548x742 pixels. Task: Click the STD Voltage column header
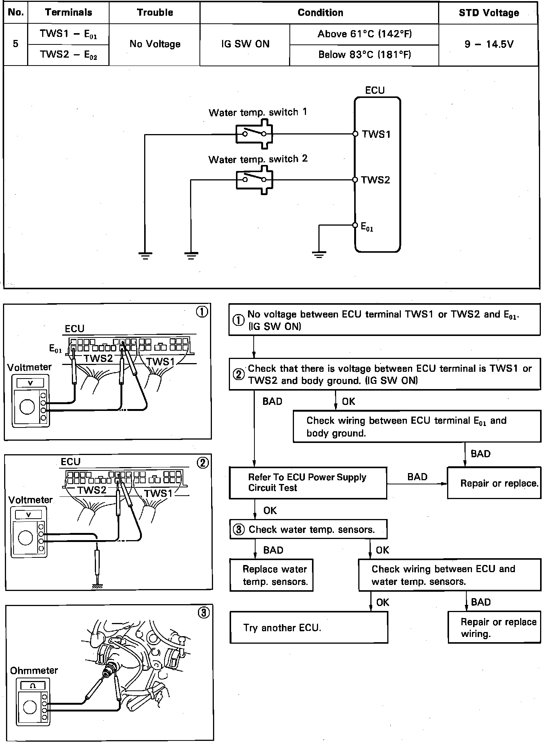click(489, 13)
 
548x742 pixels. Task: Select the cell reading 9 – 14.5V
click(489, 44)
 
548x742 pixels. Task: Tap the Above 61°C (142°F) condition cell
click(364, 34)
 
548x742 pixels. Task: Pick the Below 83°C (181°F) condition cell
click(364, 55)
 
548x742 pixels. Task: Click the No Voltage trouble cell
click(155, 44)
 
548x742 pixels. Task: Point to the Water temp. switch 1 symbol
click(254, 134)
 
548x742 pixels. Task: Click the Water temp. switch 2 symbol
click(254, 180)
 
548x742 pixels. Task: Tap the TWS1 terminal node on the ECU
click(355, 134)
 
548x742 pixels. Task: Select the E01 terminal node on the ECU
click(355, 225)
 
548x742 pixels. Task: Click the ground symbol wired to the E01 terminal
click(319, 255)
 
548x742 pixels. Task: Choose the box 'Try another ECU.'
click(309, 627)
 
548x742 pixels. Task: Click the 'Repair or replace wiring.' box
click(494, 627)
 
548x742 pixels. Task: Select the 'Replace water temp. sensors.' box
click(271, 575)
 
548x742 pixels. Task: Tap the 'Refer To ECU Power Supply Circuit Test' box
click(308, 483)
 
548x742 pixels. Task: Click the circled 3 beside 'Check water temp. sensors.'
click(239, 530)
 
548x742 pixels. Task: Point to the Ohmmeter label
click(34, 671)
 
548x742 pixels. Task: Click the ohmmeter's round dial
click(30, 707)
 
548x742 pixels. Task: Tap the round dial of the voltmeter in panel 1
click(27, 407)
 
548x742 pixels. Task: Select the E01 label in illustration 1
click(55, 349)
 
